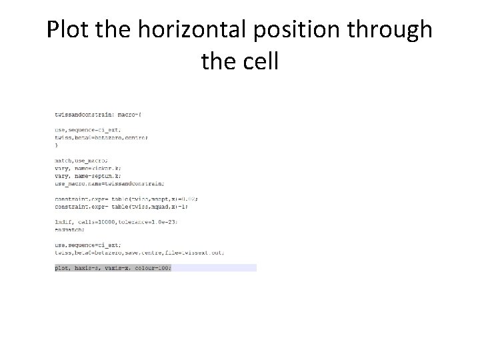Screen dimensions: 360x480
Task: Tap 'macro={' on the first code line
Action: (127, 114)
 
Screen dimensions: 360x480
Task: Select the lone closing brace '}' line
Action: (56, 145)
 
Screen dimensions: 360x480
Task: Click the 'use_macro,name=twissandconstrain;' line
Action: (109, 183)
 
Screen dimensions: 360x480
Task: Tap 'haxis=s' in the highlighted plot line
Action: (83, 268)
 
